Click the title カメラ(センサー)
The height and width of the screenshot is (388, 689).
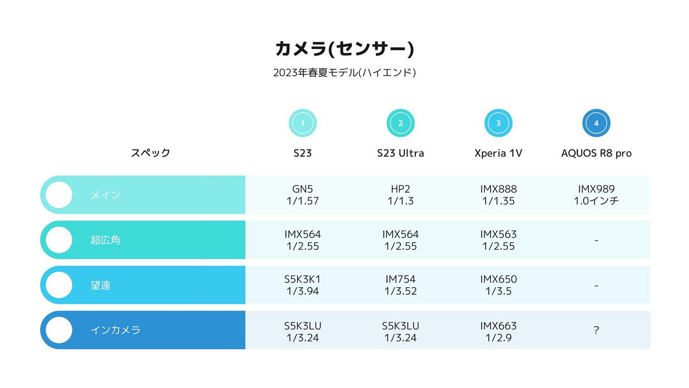[x=344, y=49]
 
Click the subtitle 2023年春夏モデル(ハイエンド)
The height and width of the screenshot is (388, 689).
[x=344, y=73]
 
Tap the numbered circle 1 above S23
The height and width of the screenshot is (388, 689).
[x=303, y=123]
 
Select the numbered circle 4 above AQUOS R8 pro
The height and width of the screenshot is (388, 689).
[x=596, y=123]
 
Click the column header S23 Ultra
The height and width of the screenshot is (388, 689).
[x=401, y=153]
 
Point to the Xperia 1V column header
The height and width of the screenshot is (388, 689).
[x=498, y=153]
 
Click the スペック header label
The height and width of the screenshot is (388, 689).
[x=151, y=153]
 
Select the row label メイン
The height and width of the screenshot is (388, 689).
[x=106, y=195]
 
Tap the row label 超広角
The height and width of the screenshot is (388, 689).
[x=106, y=240]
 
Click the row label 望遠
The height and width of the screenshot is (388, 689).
[x=101, y=285]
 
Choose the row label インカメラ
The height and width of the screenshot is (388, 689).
[x=115, y=330]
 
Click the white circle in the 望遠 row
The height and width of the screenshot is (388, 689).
[x=59, y=285]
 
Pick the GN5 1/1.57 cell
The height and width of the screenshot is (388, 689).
[x=303, y=195]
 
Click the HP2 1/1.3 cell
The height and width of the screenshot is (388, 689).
[x=401, y=195]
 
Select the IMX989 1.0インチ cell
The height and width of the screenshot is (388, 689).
[x=596, y=195]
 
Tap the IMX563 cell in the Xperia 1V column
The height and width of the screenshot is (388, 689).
[x=498, y=240]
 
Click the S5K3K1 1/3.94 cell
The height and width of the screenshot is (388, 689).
[x=303, y=285]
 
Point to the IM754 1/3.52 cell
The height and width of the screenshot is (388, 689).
[x=401, y=285]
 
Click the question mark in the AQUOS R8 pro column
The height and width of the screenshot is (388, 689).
[x=596, y=330]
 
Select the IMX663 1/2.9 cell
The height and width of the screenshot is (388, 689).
[x=498, y=331]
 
